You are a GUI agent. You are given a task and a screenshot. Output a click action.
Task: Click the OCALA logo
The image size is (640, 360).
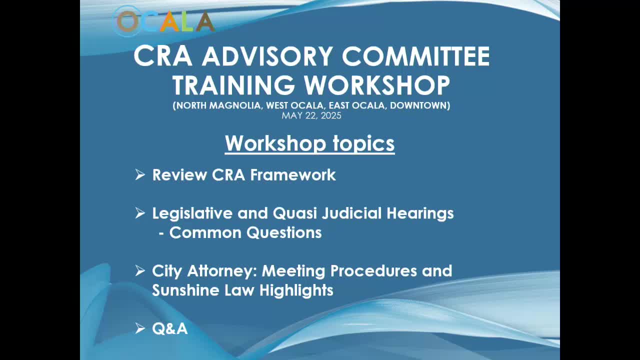(x=164, y=21)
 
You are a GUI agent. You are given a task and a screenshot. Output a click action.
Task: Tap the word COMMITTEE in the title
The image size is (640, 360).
(x=415, y=56)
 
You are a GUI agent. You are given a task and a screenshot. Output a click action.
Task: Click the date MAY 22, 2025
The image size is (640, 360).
(x=311, y=115)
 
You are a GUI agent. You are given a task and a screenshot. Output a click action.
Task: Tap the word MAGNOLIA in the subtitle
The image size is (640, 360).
(x=235, y=105)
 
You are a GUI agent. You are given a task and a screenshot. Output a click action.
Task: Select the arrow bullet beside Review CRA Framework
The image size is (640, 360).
(x=139, y=174)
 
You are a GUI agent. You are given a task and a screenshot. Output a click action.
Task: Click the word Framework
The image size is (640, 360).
(x=293, y=175)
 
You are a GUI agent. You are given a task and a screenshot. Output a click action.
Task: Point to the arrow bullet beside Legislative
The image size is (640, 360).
(x=139, y=213)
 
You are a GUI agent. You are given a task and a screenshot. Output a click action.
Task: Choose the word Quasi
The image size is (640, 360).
(x=295, y=213)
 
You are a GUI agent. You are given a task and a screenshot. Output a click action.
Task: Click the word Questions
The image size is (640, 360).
(x=284, y=232)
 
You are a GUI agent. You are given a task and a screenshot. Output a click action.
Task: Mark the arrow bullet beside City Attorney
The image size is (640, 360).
(x=139, y=270)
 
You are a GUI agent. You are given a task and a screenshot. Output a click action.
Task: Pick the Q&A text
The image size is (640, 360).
(x=170, y=328)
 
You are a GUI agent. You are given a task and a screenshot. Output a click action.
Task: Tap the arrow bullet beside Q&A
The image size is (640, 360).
(x=139, y=328)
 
